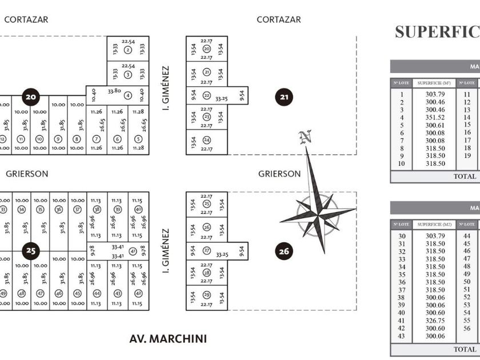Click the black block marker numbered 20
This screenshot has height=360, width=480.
pos(31,97)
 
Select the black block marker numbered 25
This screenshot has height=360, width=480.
pos(31,250)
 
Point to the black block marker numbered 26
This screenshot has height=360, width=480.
pos(284,250)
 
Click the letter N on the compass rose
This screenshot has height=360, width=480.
pos(306,137)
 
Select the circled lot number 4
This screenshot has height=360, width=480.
pos(128,95)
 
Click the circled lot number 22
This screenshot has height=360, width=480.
pos(206,95)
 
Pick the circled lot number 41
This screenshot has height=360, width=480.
pos(133,251)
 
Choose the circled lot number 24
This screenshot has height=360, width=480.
pos(206,140)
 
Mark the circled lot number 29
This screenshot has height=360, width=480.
pos(206,295)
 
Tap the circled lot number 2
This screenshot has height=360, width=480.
pos(128,50)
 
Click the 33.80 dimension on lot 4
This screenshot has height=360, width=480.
pos(114,91)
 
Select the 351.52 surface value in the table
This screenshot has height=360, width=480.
pos(435,118)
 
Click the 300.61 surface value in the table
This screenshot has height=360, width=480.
pos(435,125)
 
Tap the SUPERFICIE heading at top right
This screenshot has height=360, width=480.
pos(437,32)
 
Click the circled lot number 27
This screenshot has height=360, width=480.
pos(206,250)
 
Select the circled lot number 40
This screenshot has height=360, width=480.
pos(138,210)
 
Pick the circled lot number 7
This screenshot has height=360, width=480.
pos(96,139)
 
